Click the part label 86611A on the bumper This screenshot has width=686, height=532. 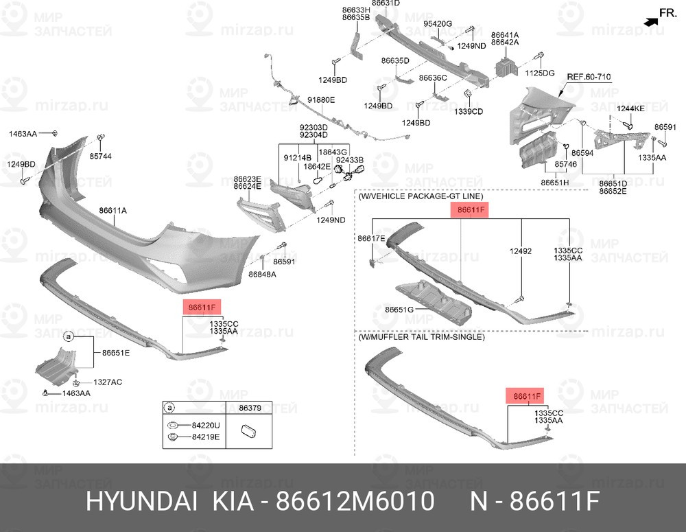click(x=113, y=211)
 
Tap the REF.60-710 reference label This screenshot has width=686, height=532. click(x=589, y=77)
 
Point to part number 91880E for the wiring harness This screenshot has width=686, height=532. click(x=321, y=100)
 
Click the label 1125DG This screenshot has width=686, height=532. click(x=540, y=73)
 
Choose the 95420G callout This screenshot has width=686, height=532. click(x=438, y=23)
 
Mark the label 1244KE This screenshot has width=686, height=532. click(x=630, y=108)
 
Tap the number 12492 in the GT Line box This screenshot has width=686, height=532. click(x=521, y=251)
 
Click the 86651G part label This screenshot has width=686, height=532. click(x=399, y=310)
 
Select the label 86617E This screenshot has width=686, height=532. click(x=371, y=239)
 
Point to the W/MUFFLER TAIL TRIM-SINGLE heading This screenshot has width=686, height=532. click(x=421, y=337)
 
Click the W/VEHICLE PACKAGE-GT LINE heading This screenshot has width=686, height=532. click(x=421, y=196)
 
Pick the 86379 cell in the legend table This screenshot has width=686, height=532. click(x=250, y=408)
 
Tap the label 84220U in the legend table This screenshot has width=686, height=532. click(x=206, y=425)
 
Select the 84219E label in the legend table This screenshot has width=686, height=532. click(x=206, y=437)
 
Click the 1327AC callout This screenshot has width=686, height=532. click(x=108, y=382)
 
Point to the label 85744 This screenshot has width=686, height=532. click(x=101, y=157)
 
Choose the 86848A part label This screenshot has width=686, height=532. click(x=262, y=275)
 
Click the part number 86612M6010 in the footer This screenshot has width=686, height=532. click(x=355, y=501)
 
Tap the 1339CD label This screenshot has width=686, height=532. click(x=469, y=112)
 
